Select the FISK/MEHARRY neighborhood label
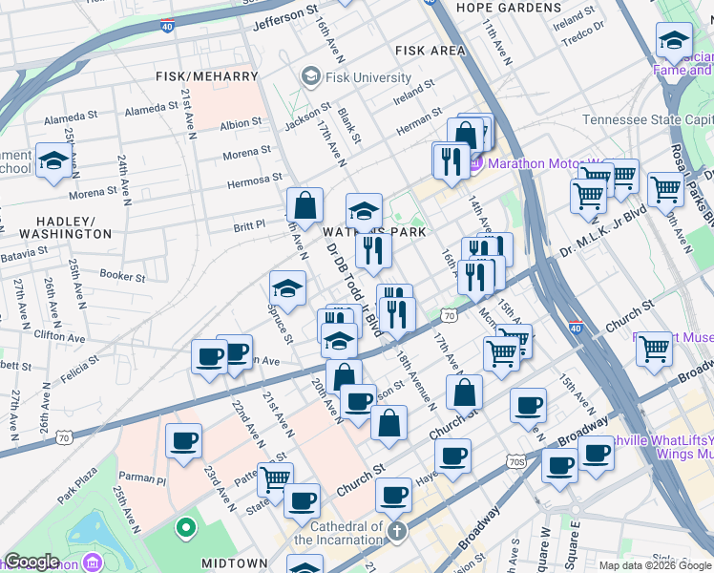point(207,76)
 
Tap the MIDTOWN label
point(234,563)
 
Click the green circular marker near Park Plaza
point(184,526)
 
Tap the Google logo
point(31,562)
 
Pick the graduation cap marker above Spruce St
point(287,288)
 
